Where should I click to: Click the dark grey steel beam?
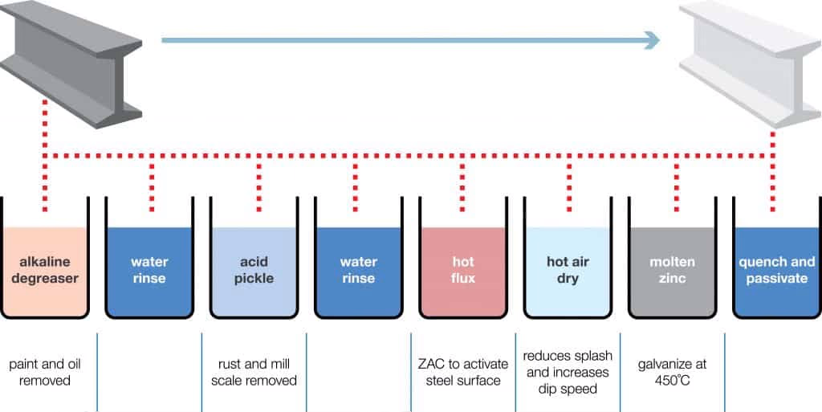(72, 64)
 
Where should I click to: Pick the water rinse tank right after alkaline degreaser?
(149, 271)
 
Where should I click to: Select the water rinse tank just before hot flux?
(358, 271)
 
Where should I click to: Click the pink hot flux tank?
(463, 271)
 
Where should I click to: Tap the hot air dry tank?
(568, 271)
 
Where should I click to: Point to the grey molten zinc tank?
(672, 271)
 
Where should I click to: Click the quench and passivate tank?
(777, 271)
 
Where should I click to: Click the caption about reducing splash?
(567, 372)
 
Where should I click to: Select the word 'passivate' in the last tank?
(777, 279)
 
